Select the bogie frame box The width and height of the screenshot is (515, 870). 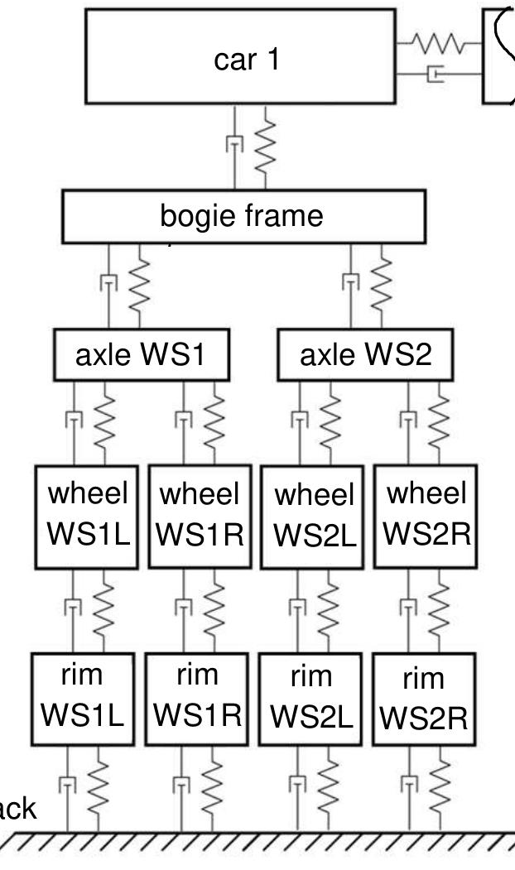[244, 217]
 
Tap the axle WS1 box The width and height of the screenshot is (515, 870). [140, 356]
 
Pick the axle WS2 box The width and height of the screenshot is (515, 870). [365, 356]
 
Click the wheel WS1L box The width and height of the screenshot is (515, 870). [87, 515]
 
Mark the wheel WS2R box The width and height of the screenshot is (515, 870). [425, 515]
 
